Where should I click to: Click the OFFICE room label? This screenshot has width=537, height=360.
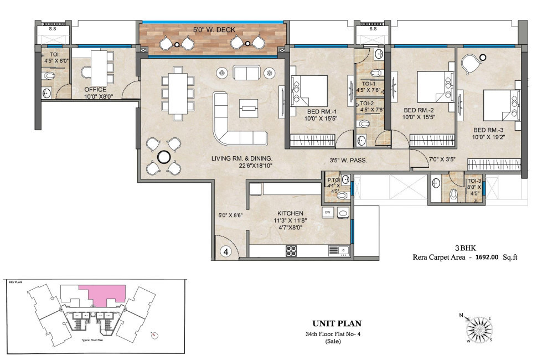tap(95, 89)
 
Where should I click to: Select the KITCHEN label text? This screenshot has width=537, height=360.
tap(290, 213)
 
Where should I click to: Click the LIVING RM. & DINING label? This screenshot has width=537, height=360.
tap(242, 158)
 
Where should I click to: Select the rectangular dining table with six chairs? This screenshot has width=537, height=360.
tap(178, 92)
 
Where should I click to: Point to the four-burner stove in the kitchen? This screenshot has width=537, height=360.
tap(291, 251)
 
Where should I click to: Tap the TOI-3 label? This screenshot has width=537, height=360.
tap(474, 181)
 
